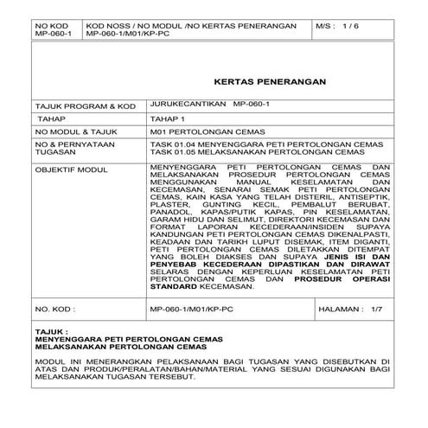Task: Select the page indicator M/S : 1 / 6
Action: [x=341, y=27]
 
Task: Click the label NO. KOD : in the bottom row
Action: [x=55, y=308]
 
